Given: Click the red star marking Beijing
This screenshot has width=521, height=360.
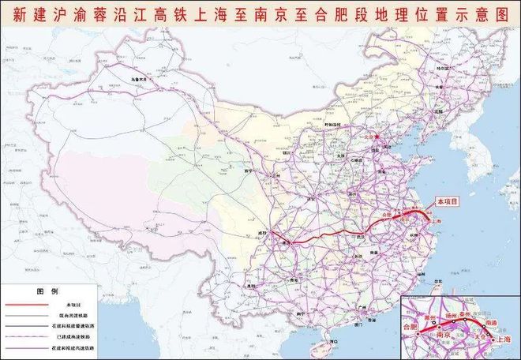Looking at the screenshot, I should point(377,137).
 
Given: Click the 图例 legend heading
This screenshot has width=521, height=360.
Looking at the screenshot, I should point(49,290).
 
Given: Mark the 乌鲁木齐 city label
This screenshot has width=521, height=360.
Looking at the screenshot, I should point(139,79).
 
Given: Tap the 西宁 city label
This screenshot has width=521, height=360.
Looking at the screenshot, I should point(247,171).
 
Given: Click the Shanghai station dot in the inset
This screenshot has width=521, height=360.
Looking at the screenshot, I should point(493,339).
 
